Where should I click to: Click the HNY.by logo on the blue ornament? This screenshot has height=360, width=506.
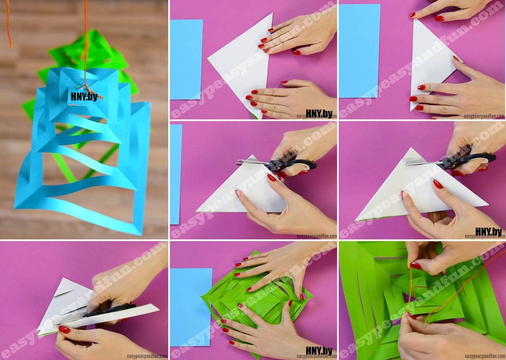(x=84, y=97)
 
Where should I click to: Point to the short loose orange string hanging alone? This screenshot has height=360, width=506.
(x=9, y=24)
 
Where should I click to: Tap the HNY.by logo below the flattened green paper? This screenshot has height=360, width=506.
(x=319, y=351)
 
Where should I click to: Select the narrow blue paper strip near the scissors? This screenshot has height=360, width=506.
(x=176, y=174)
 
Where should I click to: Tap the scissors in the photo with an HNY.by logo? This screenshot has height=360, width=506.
(x=451, y=161)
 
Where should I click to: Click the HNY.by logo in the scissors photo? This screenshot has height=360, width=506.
(x=489, y=232)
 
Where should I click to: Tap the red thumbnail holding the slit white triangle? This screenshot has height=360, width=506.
(x=65, y=330)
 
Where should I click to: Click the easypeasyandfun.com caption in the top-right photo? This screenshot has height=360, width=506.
(x=484, y=116)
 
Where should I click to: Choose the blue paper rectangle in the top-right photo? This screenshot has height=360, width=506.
(x=360, y=51)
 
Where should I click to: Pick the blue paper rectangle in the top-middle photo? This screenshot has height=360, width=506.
(x=186, y=59)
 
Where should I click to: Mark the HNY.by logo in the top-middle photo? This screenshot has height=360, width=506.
(x=319, y=114)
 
